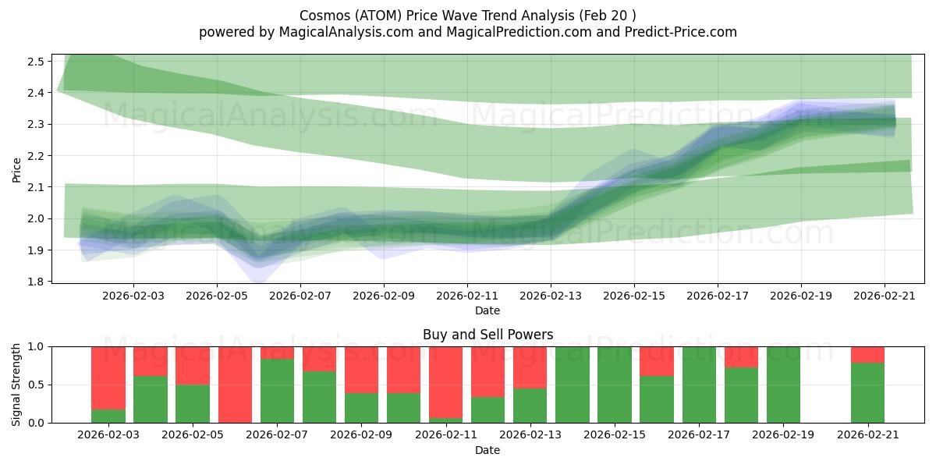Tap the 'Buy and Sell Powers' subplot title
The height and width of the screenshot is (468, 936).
[x=487, y=335]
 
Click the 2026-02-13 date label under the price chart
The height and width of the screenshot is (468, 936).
[x=551, y=296]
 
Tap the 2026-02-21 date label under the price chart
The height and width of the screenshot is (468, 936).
[x=884, y=296]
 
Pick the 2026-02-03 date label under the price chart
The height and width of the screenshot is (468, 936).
[x=133, y=296]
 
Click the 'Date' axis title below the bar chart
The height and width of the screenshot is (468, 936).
[x=487, y=450]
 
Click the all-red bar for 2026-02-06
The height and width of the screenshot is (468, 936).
[x=235, y=385]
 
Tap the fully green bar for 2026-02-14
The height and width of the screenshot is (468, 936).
[x=573, y=385]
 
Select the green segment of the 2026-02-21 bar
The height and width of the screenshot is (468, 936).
[x=867, y=393]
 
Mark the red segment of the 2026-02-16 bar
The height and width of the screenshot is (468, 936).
[x=657, y=361]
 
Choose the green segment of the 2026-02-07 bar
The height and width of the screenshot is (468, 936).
[x=277, y=391]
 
